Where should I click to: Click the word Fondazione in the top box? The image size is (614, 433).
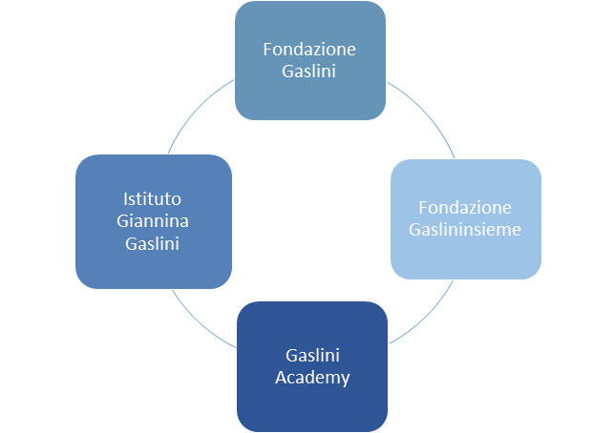pos(310,50)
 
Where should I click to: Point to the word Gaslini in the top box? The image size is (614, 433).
pos(310,72)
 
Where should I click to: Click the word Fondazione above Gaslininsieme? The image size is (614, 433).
pos(466,208)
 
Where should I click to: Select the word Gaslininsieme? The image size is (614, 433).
pos(466,230)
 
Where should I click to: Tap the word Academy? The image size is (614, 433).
pos(311,377)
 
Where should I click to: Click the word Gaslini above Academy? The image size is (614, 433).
pos(311,355)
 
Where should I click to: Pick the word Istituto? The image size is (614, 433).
pos(153,199)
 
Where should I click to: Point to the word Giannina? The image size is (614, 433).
pos(153,221)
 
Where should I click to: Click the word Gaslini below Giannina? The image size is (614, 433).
pos(153,243)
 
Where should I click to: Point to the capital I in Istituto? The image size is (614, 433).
pos(126,199)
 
